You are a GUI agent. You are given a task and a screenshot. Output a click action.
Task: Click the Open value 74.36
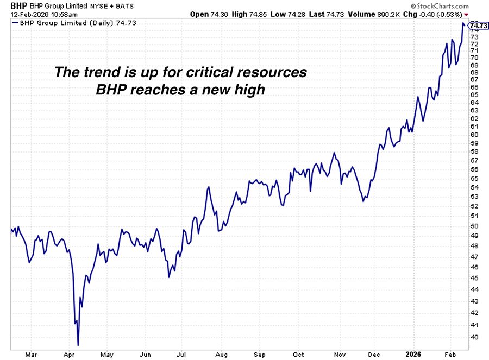(x=212, y=14)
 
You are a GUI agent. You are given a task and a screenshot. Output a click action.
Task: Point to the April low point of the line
(x=78, y=345)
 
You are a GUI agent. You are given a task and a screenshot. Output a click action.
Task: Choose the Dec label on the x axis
(x=374, y=355)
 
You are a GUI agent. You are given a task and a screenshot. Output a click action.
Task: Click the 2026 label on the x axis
(x=415, y=355)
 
